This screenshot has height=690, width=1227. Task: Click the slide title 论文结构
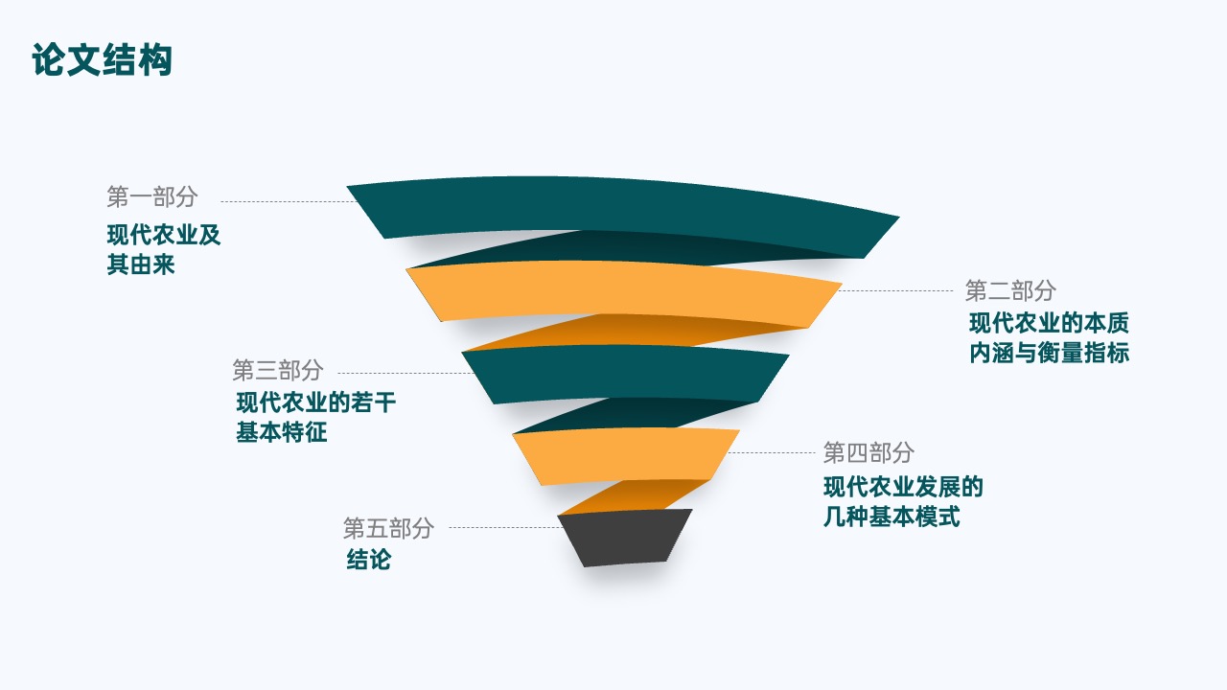pyautogui.click(x=103, y=59)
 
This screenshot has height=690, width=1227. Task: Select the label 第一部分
pyautogui.click(x=152, y=196)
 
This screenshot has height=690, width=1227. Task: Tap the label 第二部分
pyautogui.click(x=1010, y=290)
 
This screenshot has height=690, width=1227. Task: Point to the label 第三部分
pyautogui.click(x=278, y=370)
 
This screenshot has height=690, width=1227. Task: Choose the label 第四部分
pyautogui.click(x=868, y=452)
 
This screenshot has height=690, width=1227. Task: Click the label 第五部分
pyautogui.click(x=388, y=528)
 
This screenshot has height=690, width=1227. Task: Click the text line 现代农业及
pyautogui.click(x=164, y=235)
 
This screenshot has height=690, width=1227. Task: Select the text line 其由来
pyautogui.click(x=141, y=264)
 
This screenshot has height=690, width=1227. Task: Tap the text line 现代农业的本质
pyautogui.click(x=1049, y=323)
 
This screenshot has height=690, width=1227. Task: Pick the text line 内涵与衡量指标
pyautogui.click(x=1049, y=353)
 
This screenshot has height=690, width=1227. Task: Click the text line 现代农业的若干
pyautogui.click(x=316, y=402)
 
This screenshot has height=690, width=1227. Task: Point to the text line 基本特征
pyautogui.click(x=282, y=432)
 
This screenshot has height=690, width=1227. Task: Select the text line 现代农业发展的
pyautogui.click(x=903, y=487)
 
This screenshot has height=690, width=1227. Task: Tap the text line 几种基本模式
pyautogui.click(x=891, y=517)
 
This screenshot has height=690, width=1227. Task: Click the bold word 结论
pyautogui.click(x=369, y=560)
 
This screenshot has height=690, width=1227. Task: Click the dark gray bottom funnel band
pyautogui.click(x=625, y=538)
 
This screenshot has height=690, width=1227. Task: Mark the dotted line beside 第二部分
pyautogui.click(x=896, y=290)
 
